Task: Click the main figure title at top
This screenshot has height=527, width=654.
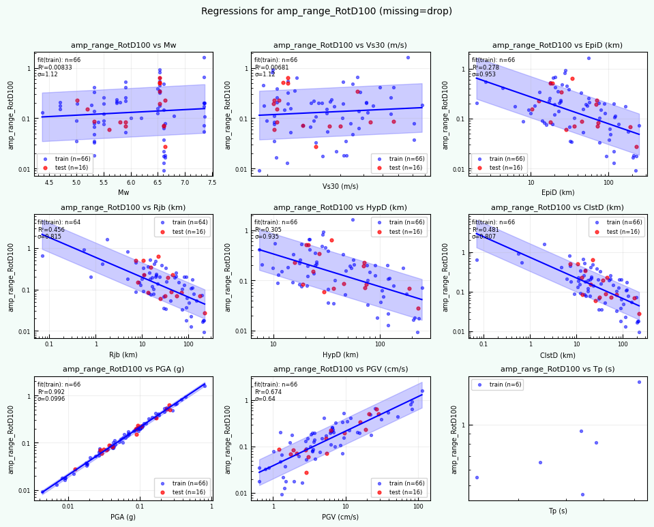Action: point(327,11)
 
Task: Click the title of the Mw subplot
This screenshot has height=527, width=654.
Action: point(123,46)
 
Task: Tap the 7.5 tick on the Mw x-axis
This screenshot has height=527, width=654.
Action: point(212,183)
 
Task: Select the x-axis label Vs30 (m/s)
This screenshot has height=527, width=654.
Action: point(340,185)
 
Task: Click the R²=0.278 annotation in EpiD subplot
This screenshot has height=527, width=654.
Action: point(485,67)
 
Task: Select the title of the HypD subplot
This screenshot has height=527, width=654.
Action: point(340,208)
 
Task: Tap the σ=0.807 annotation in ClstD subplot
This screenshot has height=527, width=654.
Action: point(484,237)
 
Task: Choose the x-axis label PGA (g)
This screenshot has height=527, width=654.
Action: point(123,517)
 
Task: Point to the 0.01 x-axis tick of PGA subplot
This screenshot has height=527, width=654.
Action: point(68,507)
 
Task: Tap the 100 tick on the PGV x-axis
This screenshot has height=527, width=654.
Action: point(417,507)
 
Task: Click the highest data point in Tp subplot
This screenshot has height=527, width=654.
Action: point(639,382)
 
